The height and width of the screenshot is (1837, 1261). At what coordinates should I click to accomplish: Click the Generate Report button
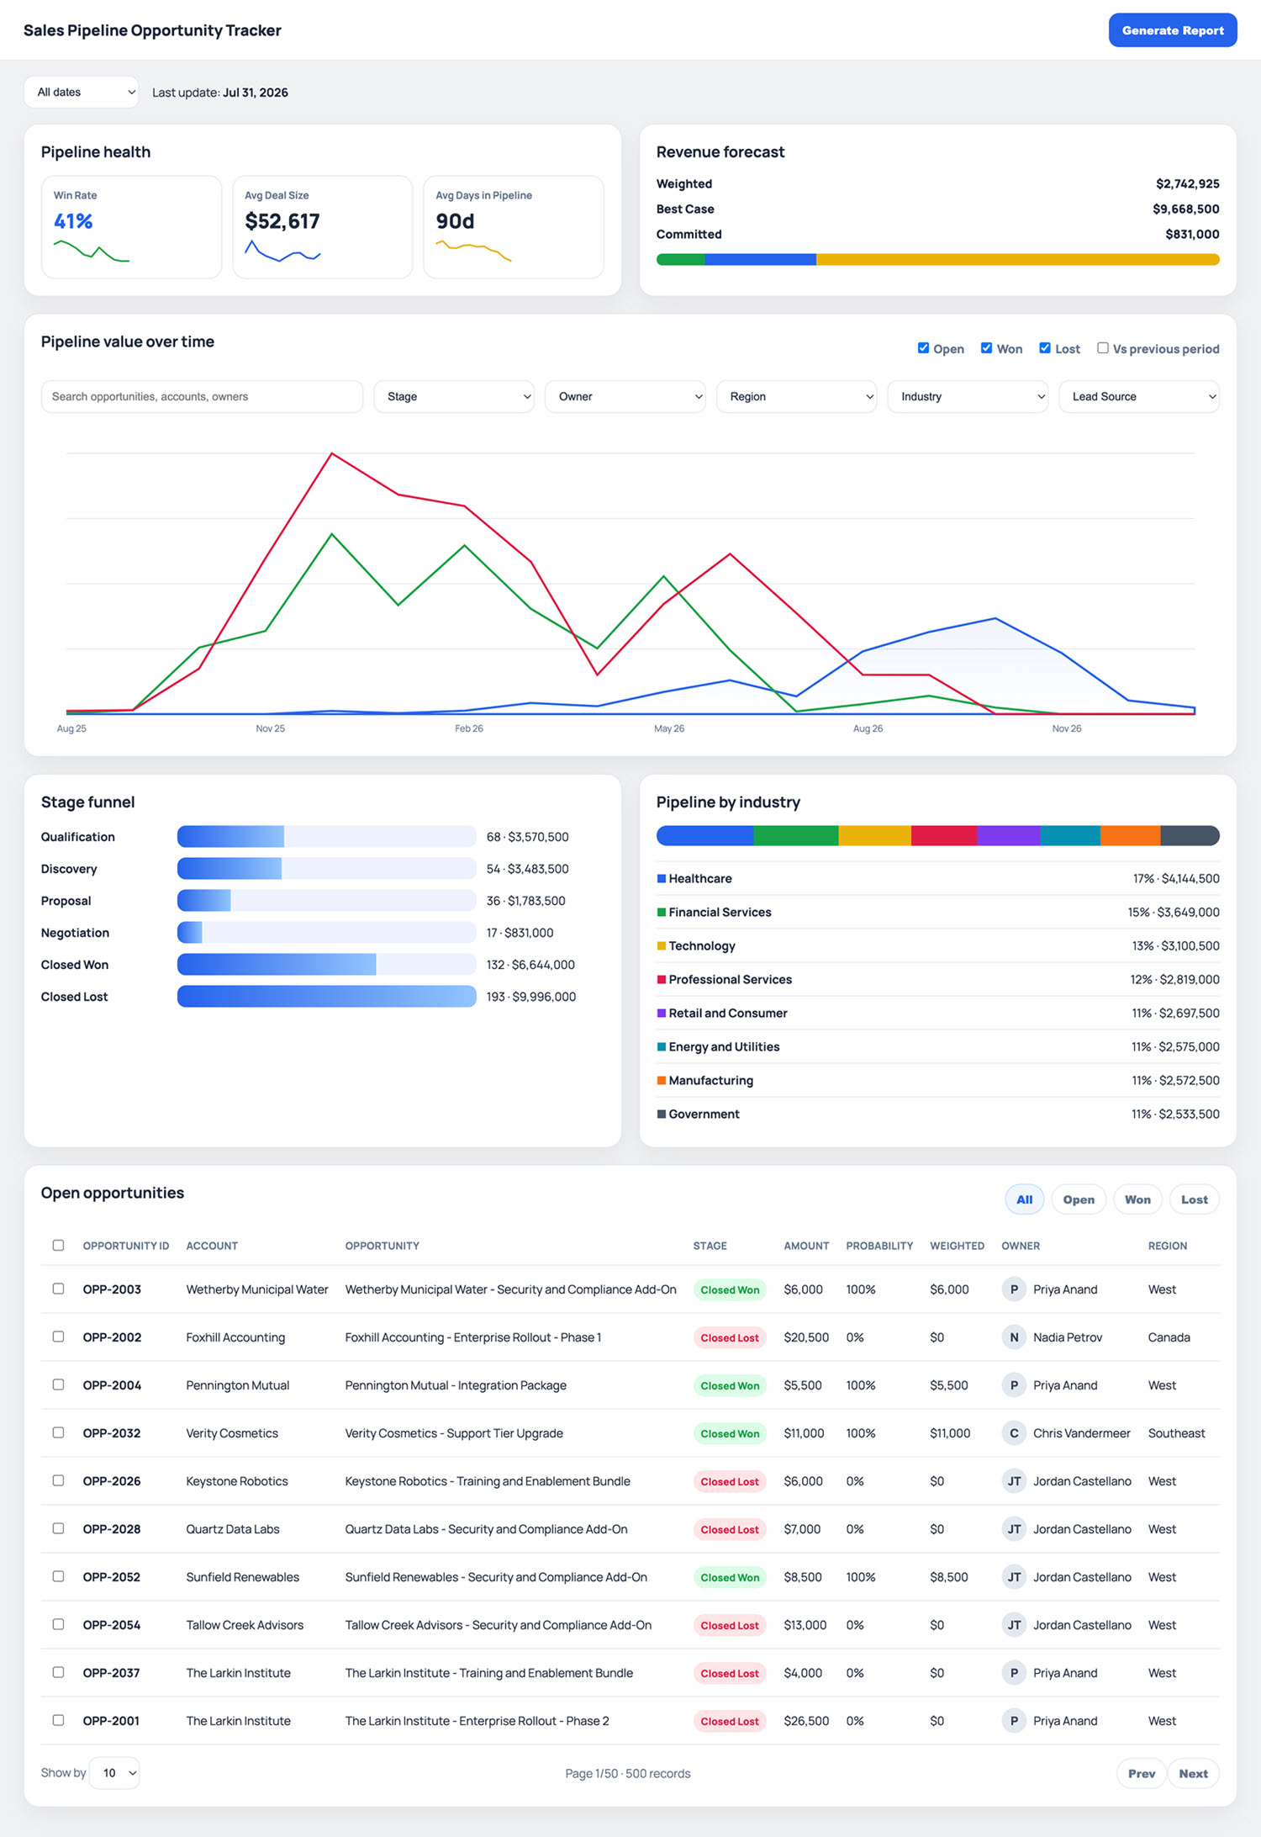click(1172, 30)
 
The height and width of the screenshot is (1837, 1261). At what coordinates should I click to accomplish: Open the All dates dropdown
click(82, 93)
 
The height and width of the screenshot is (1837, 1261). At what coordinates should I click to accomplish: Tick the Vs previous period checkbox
click(1102, 348)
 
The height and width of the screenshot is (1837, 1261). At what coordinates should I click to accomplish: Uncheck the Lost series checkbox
click(1044, 348)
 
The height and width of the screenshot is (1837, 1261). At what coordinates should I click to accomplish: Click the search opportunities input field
click(202, 397)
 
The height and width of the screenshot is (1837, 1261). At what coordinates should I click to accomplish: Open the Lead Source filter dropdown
click(1139, 397)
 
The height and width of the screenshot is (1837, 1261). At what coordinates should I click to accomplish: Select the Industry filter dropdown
click(968, 397)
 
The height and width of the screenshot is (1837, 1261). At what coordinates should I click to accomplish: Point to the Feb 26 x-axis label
click(469, 728)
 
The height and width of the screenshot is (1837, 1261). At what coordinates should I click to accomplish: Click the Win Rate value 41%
click(73, 221)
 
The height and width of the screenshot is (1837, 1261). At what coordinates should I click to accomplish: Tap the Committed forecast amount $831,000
click(1192, 235)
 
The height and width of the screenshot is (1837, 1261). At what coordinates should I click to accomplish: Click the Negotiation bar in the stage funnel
click(190, 933)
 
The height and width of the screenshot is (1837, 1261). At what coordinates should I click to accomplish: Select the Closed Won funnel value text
click(530, 965)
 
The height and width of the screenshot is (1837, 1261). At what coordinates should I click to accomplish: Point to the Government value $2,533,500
click(1189, 1114)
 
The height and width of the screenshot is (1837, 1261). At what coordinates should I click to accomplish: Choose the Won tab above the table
click(1137, 1200)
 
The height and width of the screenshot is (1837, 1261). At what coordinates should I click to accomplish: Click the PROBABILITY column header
click(879, 1246)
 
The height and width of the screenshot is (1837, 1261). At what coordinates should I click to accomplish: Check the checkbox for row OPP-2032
click(58, 1432)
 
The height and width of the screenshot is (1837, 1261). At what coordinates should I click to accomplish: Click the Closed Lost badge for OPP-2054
click(730, 1626)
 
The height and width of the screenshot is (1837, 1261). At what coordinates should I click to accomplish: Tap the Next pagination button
click(1193, 1774)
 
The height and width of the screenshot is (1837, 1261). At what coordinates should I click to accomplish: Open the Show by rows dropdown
click(114, 1773)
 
